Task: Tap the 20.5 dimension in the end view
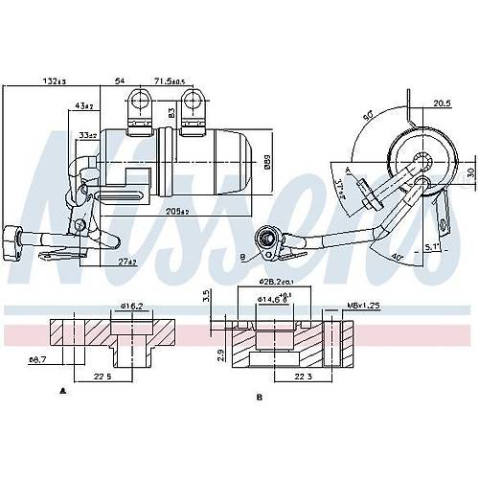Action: click(x=442, y=103)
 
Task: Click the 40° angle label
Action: click(x=396, y=230)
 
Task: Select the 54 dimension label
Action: click(x=120, y=80)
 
